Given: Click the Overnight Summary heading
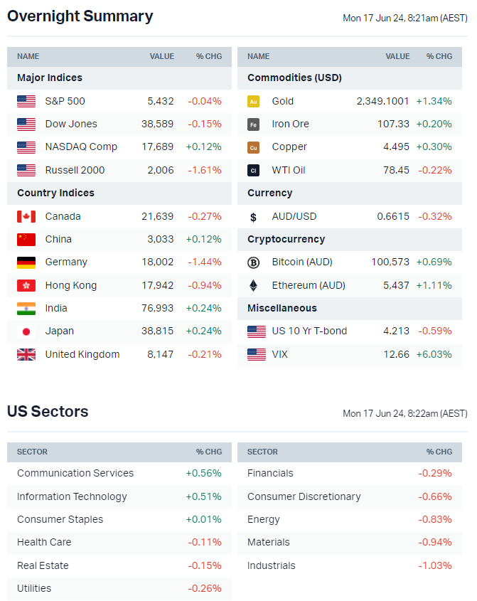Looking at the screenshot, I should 80,16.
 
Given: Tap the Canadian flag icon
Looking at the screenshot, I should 26,216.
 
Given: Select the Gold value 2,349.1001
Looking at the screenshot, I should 382,101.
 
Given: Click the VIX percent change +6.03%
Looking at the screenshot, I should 434,354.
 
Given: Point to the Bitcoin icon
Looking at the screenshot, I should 253,262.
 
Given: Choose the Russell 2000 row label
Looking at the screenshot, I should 75,170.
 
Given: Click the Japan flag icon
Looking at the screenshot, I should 26,331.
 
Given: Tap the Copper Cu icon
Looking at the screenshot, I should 253,147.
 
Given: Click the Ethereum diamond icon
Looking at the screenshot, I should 253,285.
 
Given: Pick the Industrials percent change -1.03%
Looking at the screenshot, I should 435,565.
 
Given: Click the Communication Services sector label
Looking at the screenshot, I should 75,473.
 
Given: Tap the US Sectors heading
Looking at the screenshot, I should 48,412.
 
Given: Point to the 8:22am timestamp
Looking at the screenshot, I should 404,413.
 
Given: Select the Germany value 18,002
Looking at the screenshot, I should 159,262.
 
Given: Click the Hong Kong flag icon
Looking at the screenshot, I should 26,285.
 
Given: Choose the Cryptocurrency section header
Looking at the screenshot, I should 286,239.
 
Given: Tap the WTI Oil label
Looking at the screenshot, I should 289,170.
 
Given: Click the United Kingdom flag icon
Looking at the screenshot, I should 26,354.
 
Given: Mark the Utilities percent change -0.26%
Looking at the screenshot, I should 205,588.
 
